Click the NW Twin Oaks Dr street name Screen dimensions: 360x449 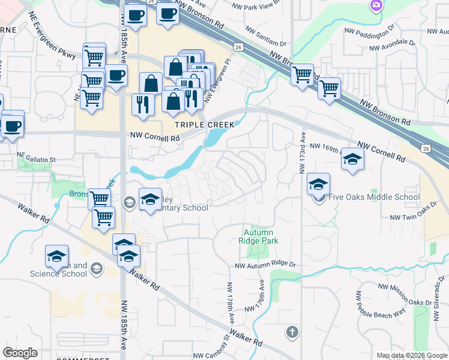coord(412,218)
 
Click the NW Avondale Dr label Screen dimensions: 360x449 coord(393,46)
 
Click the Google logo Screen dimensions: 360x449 coord(20,353)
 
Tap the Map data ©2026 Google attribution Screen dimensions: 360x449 coord(411,355)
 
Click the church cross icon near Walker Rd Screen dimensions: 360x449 coord(292,332)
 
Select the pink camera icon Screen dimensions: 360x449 coord(376,5)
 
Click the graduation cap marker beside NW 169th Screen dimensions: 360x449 coord(352,159)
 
